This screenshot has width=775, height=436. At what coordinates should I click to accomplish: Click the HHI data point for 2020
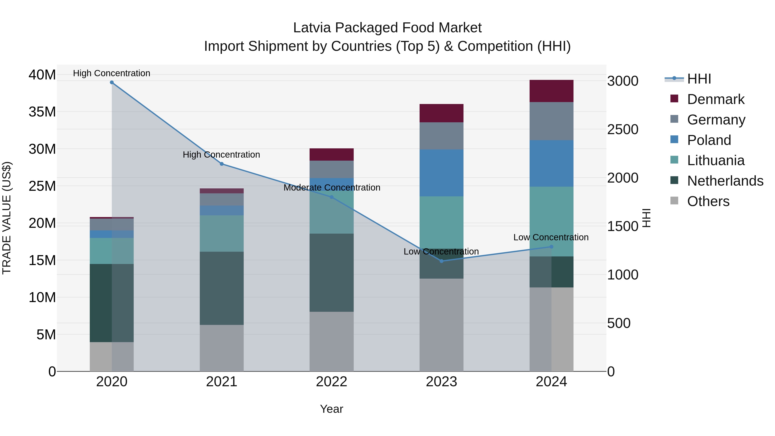112,82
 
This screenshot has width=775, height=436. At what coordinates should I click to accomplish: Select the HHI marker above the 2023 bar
441,261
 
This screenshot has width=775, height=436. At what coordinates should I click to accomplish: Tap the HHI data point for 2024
551,247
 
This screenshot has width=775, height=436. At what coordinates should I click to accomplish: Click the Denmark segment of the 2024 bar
551,91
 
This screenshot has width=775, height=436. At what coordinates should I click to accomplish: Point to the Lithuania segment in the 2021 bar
222,233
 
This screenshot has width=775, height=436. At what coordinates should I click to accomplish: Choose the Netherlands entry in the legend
725,181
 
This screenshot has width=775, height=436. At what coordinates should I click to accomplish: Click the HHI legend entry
699,79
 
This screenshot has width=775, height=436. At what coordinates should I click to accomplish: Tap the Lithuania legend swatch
674,160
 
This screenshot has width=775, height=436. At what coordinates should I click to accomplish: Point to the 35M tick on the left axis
42,112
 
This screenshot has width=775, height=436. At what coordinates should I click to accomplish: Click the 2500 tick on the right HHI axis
622,129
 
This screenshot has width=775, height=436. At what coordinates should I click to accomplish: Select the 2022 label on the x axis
332,382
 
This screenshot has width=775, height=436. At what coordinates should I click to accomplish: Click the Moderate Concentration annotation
332,188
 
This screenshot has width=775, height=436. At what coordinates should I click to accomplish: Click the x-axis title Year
332,409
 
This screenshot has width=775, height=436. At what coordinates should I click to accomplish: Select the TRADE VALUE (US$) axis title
7,218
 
